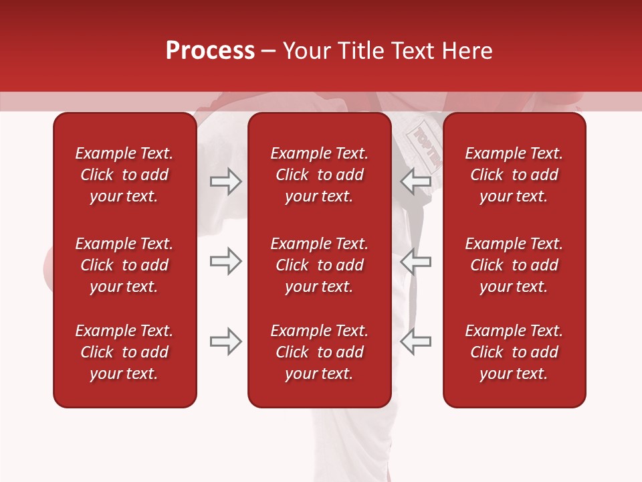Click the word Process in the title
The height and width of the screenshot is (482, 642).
[210, 51]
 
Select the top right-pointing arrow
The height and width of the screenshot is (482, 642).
[225, 181]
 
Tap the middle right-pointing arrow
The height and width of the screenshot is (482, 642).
[225, 261]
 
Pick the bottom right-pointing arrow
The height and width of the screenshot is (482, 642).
[225, 341]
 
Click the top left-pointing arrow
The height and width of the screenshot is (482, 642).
[415, 181]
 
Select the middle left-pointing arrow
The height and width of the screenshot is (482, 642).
[415, 261]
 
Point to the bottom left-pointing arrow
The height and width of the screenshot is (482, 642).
[415, 341]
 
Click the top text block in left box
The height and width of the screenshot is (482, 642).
[124, 175]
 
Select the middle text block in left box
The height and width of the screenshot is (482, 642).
[124, 265]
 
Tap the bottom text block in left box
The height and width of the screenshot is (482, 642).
[124, 352]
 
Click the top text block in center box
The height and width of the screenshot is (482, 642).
[319, 175]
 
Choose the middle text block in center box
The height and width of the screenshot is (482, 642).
[319, 265]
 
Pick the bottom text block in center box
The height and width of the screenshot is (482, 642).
[319, 352]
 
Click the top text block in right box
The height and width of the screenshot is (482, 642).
[514, 175]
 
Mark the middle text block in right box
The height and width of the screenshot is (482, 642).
[514, 265]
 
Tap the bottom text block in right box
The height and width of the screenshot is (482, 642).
[514, 352]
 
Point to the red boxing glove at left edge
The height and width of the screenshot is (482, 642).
[48, 268]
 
